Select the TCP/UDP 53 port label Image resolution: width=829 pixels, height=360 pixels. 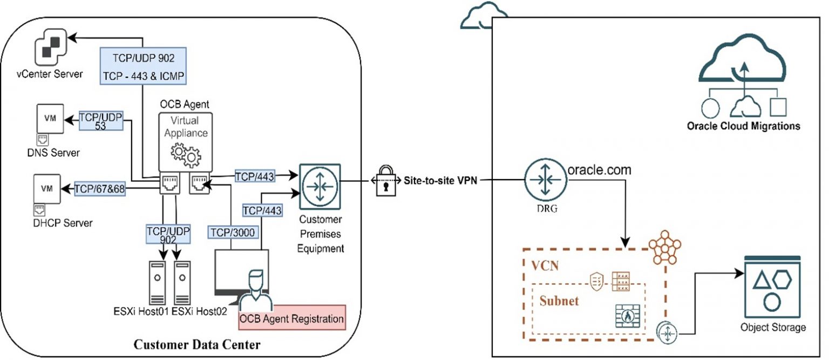point(100,121)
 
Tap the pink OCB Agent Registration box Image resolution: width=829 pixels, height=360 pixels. point(291,318)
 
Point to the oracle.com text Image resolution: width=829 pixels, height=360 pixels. point(599,170)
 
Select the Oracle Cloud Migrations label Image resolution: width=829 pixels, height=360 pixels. point(743,126)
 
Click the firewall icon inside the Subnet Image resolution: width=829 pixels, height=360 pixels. point(626,315)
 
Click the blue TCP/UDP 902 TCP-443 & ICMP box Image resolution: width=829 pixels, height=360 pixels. point(143,65)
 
